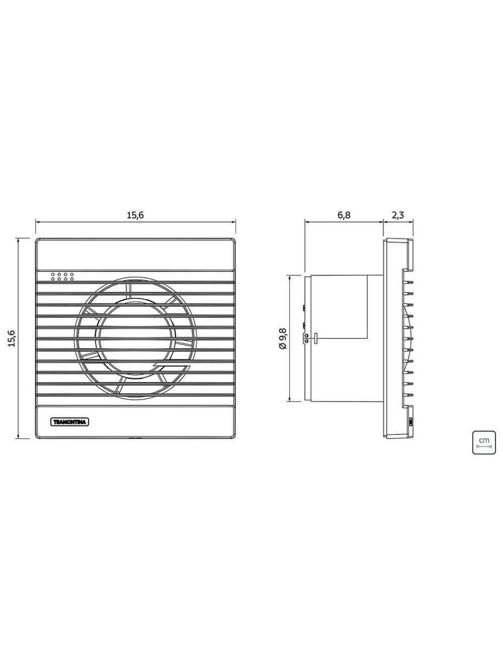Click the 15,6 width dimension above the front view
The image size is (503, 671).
(x=135, y=215)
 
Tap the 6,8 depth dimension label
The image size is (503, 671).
(x=344, y=215)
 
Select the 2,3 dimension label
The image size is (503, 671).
(x=398, y=215)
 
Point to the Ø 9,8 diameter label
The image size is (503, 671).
(x=282, y=337)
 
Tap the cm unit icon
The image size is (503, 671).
(x=484, y=442)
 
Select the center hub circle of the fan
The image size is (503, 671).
(x=135, y=340)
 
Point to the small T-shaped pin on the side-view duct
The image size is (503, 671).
(x=314, y=338)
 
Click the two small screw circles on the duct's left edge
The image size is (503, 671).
(x=306, y=339)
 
